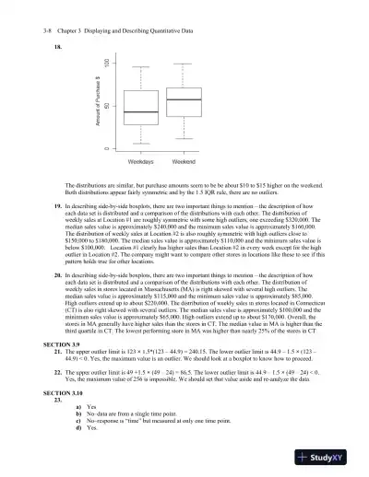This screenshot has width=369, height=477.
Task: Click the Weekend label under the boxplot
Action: pyautogui.click(x=184, y=161)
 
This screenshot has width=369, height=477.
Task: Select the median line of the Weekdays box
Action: pyautogui.click(x=140, y=112)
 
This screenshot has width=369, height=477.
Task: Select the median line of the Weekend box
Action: pyautogui.click(x=184, y=99)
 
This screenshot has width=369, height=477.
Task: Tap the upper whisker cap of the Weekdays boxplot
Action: pyautogui.click(x=140, y=67)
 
